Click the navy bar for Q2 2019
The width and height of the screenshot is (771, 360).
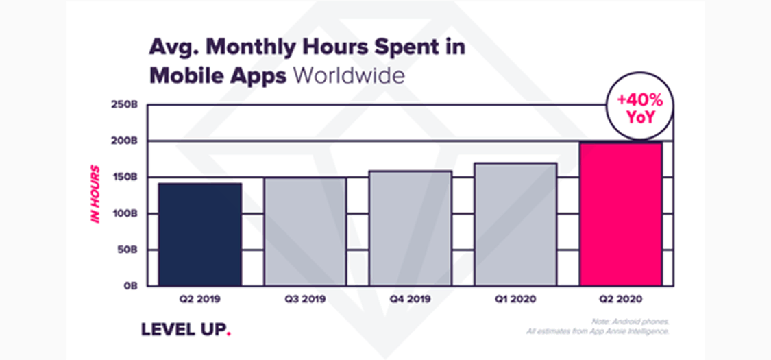pos(200,234)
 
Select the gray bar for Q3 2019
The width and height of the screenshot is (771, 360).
pos(305,231)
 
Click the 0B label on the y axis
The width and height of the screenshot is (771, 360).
pos(131,285)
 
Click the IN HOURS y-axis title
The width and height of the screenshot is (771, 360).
pos(97,194)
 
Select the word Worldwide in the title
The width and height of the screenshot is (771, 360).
pos(348,75)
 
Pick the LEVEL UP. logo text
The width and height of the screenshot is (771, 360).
pos(186,329)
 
